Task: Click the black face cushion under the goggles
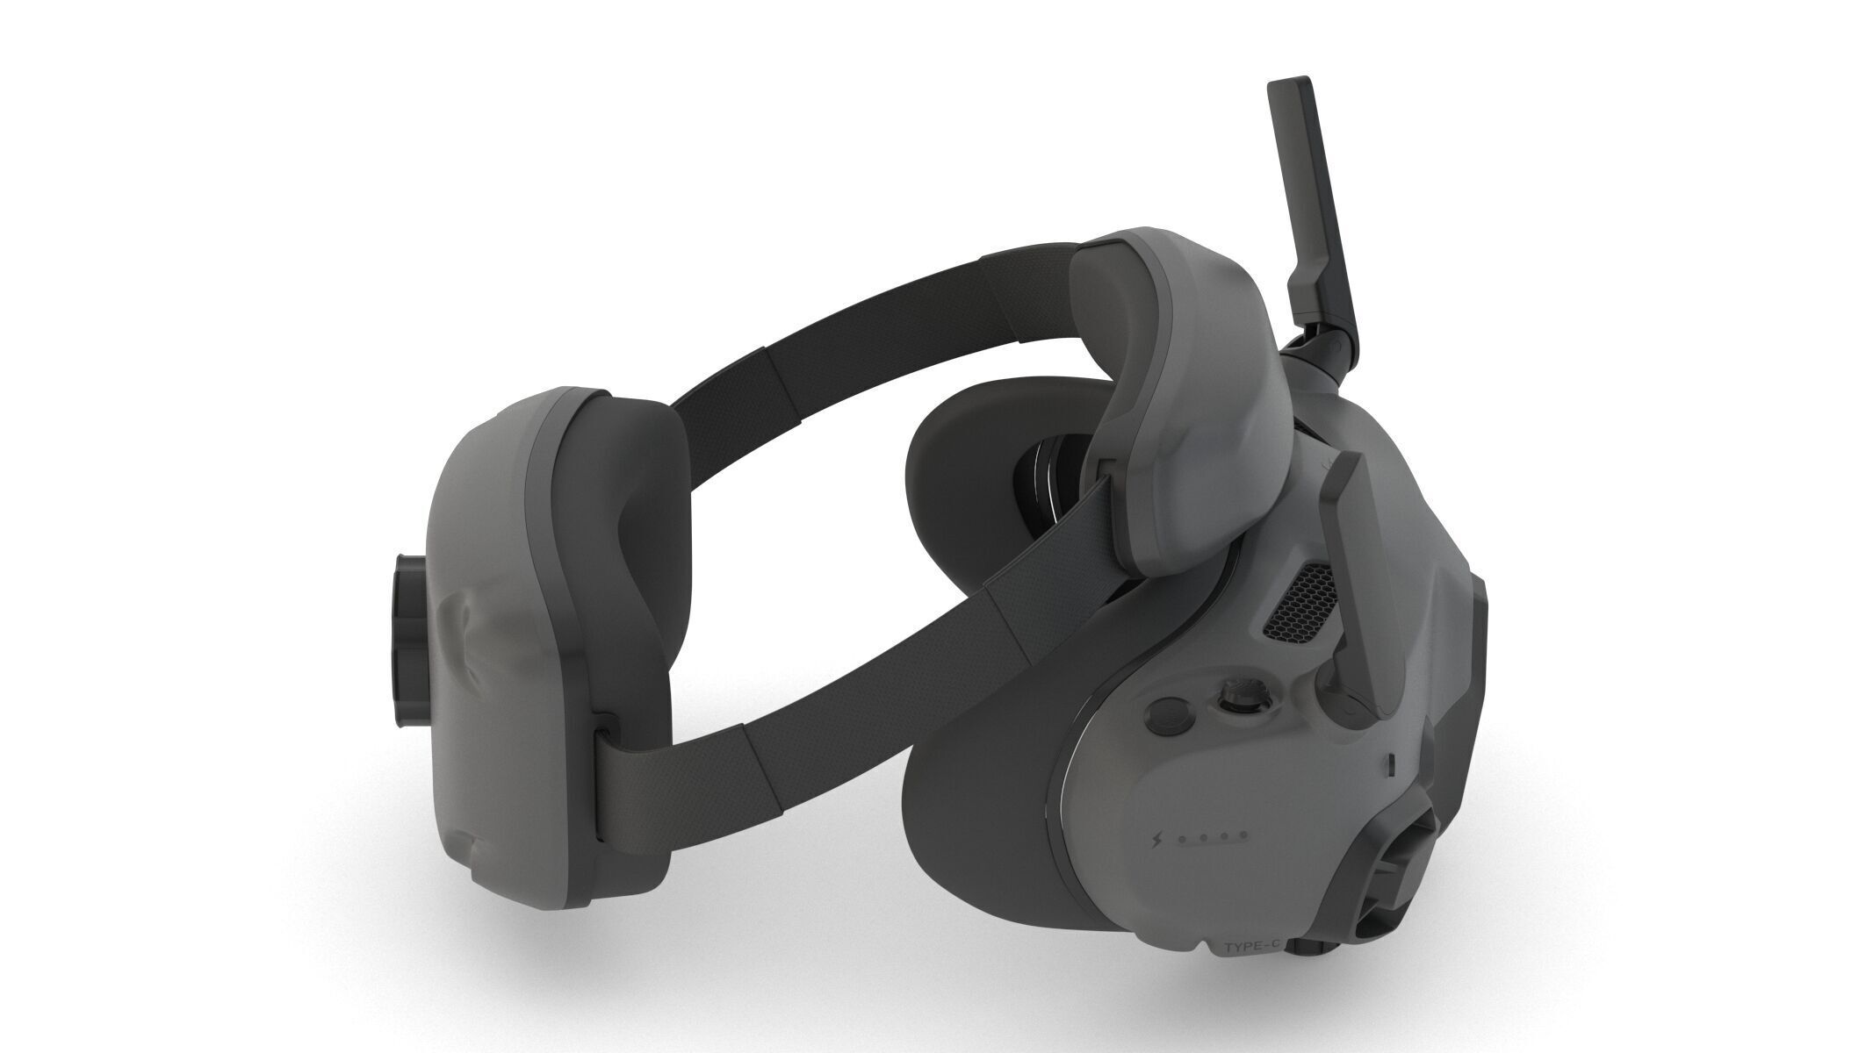click(975, 772)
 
